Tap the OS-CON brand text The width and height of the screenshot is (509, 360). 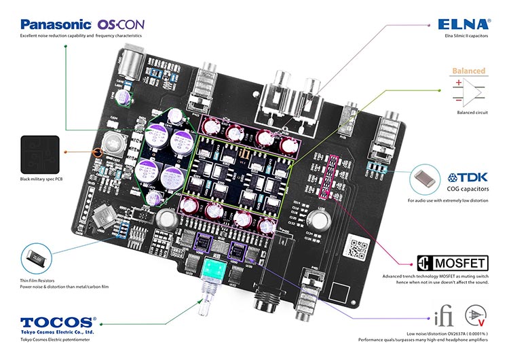[121, 23]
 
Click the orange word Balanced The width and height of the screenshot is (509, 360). [469, 71]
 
